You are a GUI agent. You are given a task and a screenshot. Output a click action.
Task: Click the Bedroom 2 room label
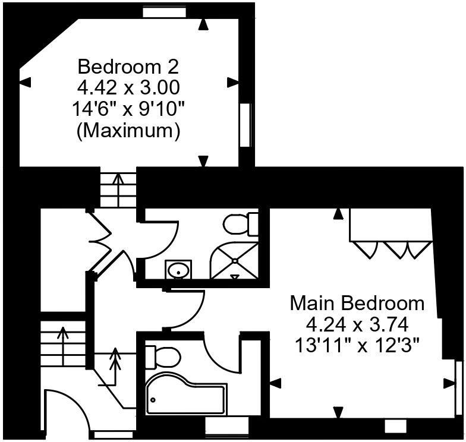pyautogui.click(x=128, y=65)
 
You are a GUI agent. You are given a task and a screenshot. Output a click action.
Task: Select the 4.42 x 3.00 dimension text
pyautogui.click(x=128, y=87)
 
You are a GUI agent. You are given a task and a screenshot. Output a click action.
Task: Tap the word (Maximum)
pyautogui.click(x=128, y=131)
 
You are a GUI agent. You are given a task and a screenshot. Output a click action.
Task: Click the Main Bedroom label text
pyautogui.click(x=357, y=303)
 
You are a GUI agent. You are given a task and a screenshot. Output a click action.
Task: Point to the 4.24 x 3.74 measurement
pyautogui.click(x=357, y=324)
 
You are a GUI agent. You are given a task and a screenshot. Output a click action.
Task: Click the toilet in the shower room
pyautogui.click(x=241, y=224)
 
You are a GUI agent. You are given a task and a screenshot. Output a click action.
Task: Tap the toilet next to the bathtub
pyautogui.click(x=162, y=356)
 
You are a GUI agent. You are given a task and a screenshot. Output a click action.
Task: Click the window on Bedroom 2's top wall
pyautogui.click(x=163, y=12)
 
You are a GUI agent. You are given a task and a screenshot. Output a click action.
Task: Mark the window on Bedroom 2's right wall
pyautogui.click(x=244, y=125)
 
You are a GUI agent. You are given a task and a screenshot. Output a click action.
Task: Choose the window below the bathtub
pyautogui.click(x=226, y=425)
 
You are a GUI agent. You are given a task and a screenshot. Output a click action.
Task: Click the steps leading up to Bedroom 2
pyautogui.click(x=118, y=189)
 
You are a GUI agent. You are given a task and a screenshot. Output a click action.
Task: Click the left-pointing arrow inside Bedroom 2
pyautogui.click(x=25, y=83)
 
